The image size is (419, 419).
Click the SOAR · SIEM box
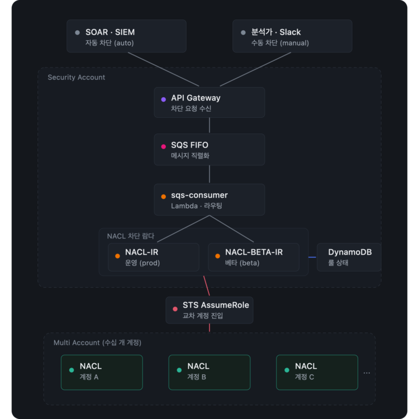(x=126, y=36)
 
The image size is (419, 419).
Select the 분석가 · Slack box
(x=292, y=36)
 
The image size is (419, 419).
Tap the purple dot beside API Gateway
(x=164, y=99)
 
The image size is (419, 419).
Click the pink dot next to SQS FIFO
(x=164, y=146)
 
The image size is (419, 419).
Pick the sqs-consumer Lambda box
(x=209, y=199)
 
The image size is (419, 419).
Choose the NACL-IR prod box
(x=154, y=257)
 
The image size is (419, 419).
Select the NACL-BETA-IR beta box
(x=254, y=257)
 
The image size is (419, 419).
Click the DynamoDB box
(x=349, y=257)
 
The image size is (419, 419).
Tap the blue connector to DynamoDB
(x=312, y=258)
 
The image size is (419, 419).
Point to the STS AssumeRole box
(x=209, y=310)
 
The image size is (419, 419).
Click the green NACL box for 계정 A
(x=102, y=373)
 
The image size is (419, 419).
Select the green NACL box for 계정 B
(x=209, y=373)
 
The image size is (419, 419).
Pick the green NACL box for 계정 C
(x=317, y=373)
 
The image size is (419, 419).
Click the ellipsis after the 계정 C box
(x=366, y=373)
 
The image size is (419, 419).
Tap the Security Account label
(x=76, y=78)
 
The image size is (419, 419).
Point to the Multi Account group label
(x=97, y=342)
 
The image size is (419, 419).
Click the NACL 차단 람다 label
(x=131, y=236)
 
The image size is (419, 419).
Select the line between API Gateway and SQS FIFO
(x=209, y=125)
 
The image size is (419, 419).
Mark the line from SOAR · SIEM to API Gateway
(x=164, y=69)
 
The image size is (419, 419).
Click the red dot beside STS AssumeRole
(x=175, y=309)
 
